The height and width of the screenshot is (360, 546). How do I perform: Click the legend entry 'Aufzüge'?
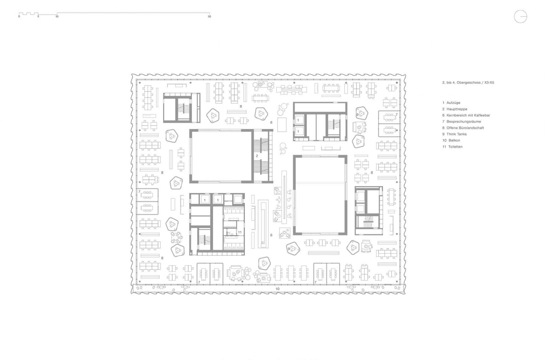(x=453, y=103)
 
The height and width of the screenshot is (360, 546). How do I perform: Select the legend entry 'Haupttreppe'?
(x=457, y=109)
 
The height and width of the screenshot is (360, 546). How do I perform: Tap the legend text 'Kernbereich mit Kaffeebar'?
(x=468, y=116)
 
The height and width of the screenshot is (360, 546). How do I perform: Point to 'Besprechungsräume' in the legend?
(x=464, y=121)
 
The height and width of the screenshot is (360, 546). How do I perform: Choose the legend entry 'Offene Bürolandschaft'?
(x=465, y=128)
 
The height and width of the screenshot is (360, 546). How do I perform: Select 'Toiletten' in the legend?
(x=455, y=147)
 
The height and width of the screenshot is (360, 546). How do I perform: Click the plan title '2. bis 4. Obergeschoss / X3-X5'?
(x=468, y=83)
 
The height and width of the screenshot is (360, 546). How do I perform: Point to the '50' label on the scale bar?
(x=209, y=17)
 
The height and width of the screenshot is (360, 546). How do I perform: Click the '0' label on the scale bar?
(x=19, y=17)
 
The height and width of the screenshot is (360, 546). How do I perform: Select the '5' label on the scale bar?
(x=38, y=17)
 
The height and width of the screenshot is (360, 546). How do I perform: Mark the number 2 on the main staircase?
(x=257, y=156)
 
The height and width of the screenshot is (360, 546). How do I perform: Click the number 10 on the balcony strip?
(x=277, y=289)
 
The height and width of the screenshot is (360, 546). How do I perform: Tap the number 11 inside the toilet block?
(x=239, y=232)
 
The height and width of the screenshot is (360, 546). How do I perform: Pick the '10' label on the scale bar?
(x=57, y=17)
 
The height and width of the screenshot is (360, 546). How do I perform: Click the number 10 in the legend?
(x=444, y=140)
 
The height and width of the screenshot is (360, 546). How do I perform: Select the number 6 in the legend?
(x=443, y=116)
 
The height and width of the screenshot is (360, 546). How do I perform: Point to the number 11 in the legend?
(x=444, y=147)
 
